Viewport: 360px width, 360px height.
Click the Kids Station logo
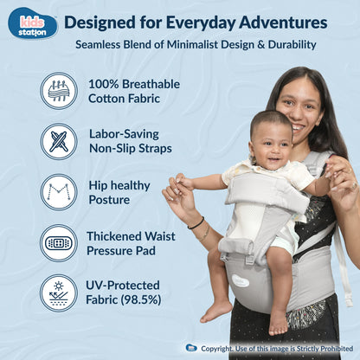coord(32,22)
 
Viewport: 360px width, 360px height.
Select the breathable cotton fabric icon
coord(59,90)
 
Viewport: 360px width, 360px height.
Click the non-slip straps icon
coord(59,141)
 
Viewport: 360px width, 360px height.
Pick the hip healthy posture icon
coord(59,192)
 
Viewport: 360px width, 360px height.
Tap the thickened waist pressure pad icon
coord(59,243)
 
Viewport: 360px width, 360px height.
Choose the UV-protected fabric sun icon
coord(59,293)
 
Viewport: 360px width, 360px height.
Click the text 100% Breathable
coord(134,83)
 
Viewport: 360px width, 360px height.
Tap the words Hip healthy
coord(119,185)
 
